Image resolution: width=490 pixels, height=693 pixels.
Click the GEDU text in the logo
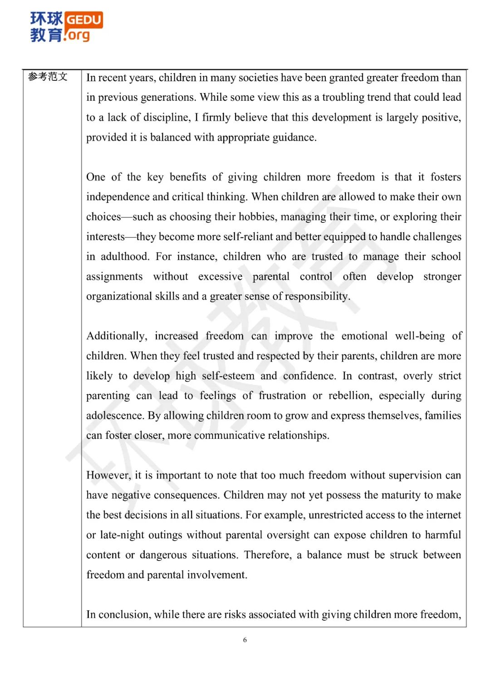click(84, 20)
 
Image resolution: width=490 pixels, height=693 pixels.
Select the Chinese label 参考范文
click(48, 77)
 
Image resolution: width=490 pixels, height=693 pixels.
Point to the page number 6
click(245, 640)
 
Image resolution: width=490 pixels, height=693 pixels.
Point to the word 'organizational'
click(119, 296)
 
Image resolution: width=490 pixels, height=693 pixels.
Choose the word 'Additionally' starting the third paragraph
click(117, 336)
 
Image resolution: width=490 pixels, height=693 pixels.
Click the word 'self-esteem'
click(228, 376)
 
